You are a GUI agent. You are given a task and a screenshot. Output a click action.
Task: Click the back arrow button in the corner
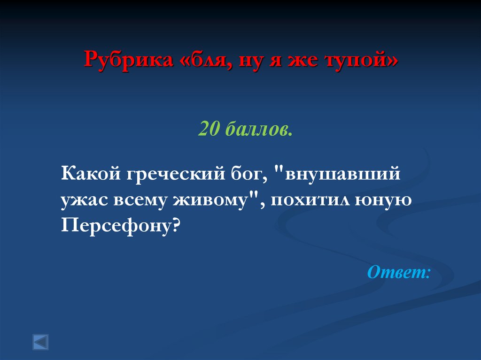(x=40, y=341)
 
